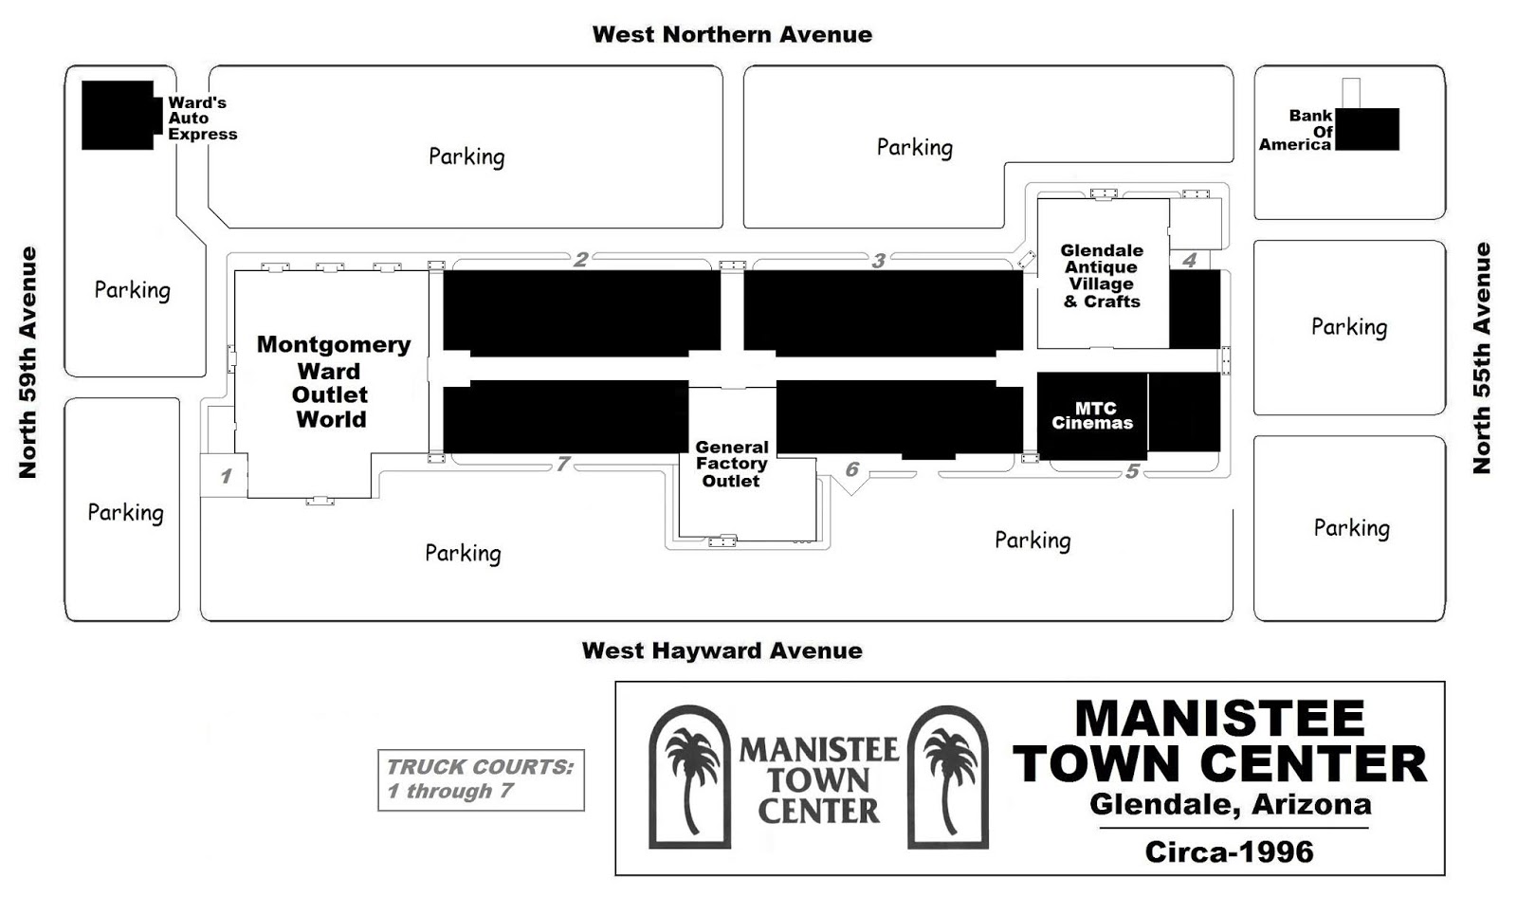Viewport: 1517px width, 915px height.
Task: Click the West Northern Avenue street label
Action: coord(732,35)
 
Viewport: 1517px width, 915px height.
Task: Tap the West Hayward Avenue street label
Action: coord(722,650)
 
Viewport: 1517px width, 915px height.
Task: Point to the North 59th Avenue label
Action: coord(28,362)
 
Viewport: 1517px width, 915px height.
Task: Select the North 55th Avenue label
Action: coord(1482,358)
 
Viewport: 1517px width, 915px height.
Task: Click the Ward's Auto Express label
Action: coord(202,119)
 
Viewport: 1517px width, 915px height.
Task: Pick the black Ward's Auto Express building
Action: coord(119,115)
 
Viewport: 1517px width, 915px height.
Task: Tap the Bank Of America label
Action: coord(1297,130)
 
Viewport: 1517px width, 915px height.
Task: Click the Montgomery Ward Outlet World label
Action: coord(332,382)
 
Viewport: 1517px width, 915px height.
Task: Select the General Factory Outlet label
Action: coord(731,464)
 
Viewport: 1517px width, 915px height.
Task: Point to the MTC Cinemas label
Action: coord(1092,416)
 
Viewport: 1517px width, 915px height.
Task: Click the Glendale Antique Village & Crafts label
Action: coord(1102,276)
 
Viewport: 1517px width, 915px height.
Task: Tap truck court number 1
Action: coord(226,476)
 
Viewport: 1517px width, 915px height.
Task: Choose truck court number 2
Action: coord(581,259)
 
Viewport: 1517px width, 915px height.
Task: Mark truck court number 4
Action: coord(1190,260)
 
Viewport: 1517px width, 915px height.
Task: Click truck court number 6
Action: coord(851,469)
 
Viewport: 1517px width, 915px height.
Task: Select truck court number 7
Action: coord(563,464)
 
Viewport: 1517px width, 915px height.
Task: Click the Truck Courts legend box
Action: coord(481,779)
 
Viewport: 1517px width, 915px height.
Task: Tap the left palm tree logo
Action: coord(690,777)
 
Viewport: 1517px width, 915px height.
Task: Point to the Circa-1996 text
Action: coord(1229,851)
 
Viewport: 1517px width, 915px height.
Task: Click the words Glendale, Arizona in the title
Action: coord(1230,805)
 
